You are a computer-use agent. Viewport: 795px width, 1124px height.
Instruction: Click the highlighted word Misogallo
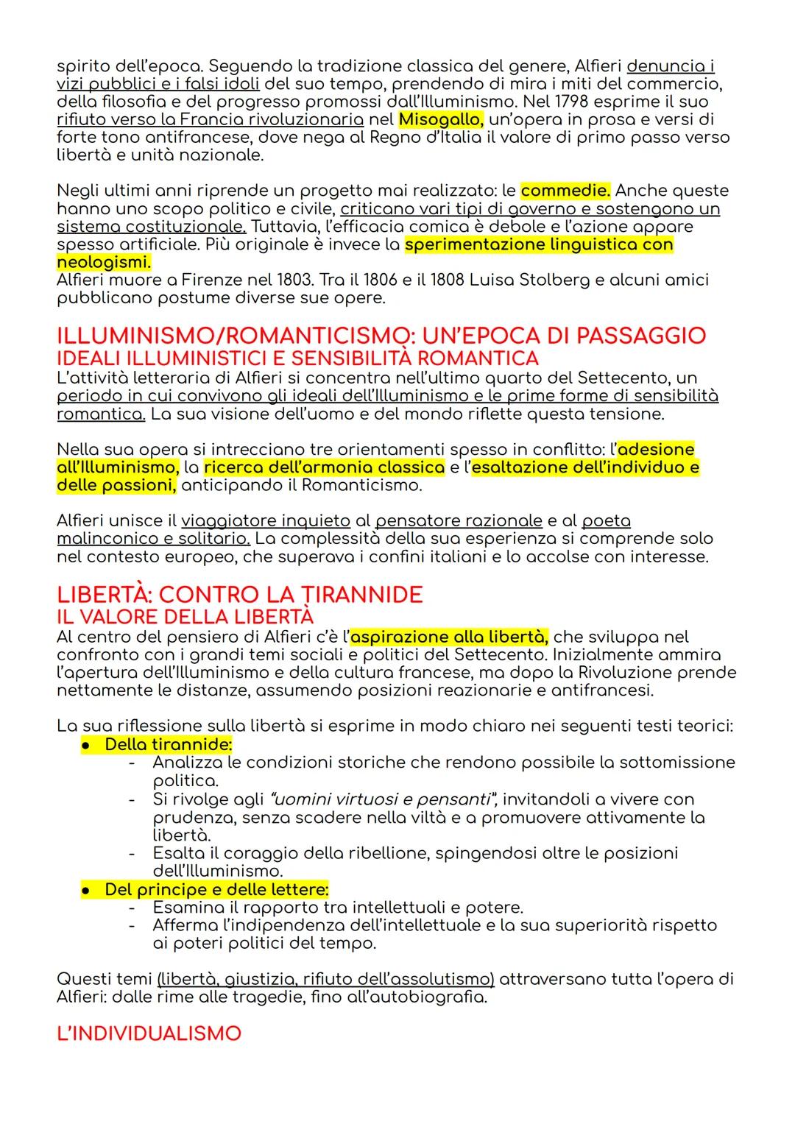(439, 119)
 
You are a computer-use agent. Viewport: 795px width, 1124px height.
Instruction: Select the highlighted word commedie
(565, 191)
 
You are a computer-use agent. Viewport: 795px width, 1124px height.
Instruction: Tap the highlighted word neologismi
(103, 262)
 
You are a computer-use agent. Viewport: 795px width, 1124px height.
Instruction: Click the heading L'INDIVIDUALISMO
(149, 1033)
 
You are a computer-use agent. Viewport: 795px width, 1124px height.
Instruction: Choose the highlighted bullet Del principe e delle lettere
(216, 889)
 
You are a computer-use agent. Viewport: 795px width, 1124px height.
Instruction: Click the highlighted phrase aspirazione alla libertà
(449, 637)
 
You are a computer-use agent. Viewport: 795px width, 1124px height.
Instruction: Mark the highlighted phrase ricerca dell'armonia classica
(324, 467)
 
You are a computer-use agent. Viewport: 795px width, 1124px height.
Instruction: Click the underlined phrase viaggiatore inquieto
(266, 521)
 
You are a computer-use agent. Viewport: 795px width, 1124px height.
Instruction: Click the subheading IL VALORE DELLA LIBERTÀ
(185, 616)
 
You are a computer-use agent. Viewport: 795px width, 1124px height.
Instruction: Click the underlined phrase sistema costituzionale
(151, 226)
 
